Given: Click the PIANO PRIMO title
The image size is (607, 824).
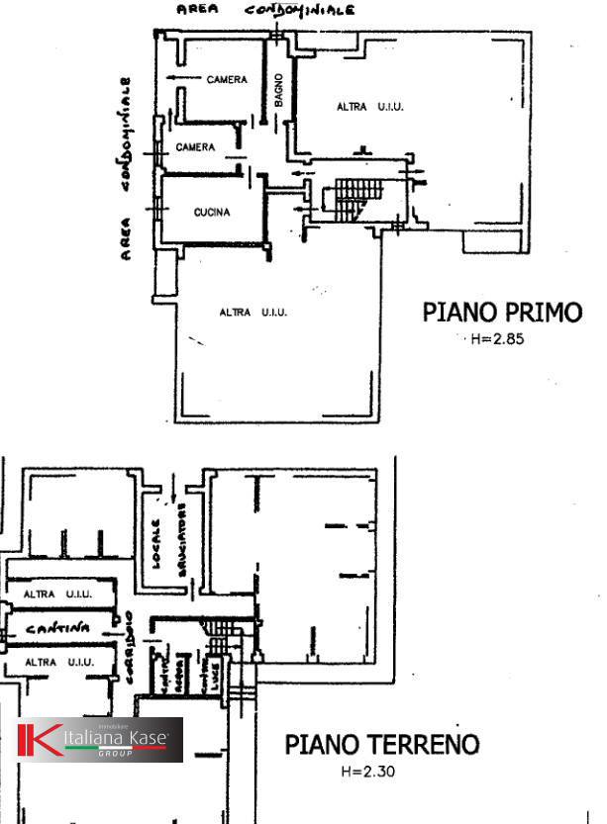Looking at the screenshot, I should click(x=502, y=313).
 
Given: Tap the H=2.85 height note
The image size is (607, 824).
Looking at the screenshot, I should click(x=496, y=339).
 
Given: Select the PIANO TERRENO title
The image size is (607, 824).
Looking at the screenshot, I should click(x=382, y=744).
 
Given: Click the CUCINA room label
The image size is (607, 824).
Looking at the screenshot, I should click(x=212, y=213).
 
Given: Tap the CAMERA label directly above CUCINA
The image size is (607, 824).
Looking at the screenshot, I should click(x=195, y=147).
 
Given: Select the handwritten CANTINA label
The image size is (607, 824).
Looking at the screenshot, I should click(x=57, y=628).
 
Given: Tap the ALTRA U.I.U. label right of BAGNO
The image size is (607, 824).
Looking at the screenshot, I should click(x=370, y=106).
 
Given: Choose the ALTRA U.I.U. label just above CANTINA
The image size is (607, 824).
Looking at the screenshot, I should click(x=57, y=595).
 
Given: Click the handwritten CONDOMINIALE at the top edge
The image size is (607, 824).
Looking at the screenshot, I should click(x=299, y=12).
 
